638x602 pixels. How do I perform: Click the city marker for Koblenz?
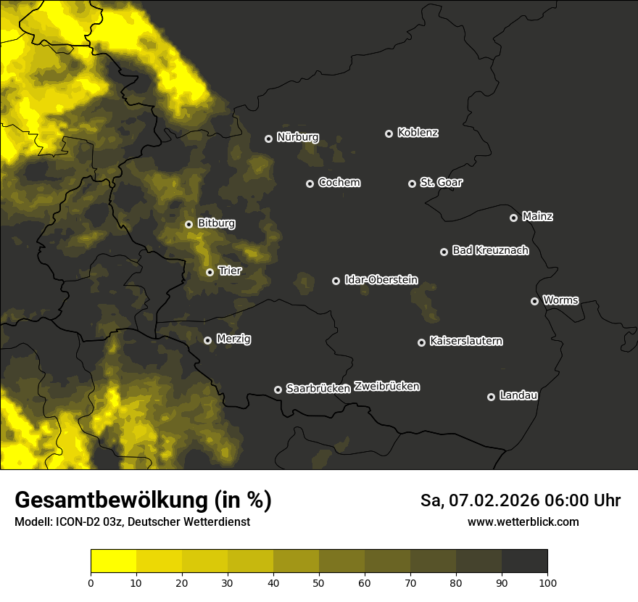389,133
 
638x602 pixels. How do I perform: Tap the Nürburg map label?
297,138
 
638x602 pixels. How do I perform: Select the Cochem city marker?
310,184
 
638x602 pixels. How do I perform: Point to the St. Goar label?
441,183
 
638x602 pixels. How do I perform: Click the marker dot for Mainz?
513,218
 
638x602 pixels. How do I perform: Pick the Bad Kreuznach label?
490,251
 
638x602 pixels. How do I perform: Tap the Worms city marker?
534,301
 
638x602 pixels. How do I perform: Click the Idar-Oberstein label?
381,280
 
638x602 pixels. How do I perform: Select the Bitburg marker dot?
188,224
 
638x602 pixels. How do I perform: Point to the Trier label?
230,271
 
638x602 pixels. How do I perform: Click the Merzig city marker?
207,340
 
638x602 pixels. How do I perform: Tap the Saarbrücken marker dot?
278,389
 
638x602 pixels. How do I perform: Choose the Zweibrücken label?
386,387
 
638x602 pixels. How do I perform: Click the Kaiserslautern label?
465,342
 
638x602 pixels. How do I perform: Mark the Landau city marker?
491,397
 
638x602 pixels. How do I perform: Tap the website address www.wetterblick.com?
523,522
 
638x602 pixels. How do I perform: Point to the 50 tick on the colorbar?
319,582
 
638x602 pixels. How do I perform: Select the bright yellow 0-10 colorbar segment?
113,561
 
